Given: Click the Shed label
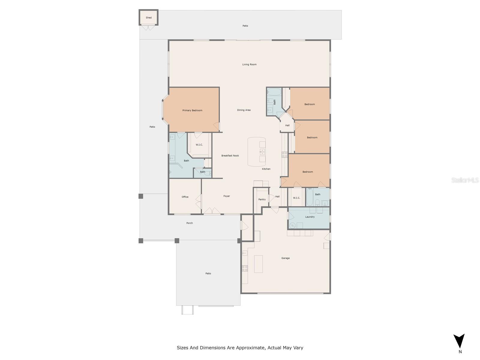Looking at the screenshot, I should (149, 18).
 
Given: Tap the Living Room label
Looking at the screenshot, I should (249, 64).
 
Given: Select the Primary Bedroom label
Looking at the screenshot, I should (192, 110).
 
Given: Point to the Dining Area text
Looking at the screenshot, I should (244, 110).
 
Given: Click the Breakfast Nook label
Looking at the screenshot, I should (230, 156).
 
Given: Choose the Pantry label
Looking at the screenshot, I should (262, 199).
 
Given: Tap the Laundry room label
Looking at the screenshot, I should (310, 217).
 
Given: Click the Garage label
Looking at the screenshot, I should (285, 258).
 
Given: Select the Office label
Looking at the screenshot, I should (185, 197).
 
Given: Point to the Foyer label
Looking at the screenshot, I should (226, 196).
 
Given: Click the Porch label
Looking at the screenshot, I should (190, 223).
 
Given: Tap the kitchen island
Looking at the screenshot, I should (256, 152).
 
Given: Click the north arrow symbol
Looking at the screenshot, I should (459, 341).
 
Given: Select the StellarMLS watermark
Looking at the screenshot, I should (465, 180).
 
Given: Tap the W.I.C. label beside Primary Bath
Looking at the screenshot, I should (199, 145).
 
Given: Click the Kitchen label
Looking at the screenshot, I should (266, 169).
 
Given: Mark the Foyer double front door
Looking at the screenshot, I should (212, 211).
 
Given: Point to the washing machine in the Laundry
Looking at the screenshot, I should (292, 225).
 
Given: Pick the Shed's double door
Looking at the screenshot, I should (148, 28).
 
